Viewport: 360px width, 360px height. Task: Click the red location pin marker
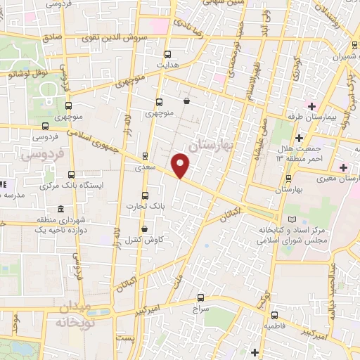181,165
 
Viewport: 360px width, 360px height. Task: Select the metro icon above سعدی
145,157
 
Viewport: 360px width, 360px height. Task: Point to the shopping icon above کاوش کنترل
145,229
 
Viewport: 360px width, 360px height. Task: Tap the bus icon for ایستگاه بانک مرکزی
70,174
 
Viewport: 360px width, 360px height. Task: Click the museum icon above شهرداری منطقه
61,210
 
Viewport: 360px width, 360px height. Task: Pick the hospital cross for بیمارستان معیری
343,167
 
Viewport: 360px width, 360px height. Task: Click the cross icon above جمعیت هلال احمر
300,137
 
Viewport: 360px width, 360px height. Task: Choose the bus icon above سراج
201,298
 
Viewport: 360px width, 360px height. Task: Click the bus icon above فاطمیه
274,316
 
